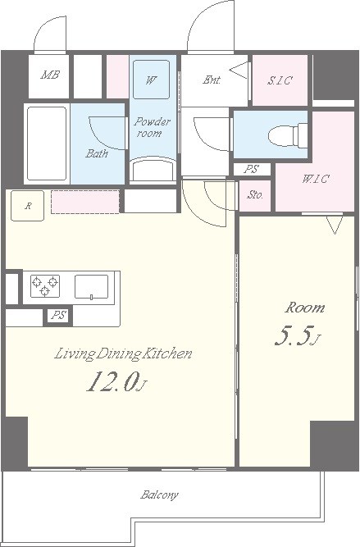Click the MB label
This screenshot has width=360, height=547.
50,75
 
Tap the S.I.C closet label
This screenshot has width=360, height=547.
280,80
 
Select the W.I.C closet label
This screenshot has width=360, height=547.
315,179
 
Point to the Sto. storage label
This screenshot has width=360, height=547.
255,195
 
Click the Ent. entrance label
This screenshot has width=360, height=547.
212,80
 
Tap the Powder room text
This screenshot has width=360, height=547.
152,127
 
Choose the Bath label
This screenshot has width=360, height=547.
97,153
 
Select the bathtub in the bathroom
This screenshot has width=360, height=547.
47,144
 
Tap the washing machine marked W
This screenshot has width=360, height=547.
152,80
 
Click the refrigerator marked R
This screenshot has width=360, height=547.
28,206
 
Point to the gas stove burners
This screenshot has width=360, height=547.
45,285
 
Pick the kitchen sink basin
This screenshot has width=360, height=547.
91,287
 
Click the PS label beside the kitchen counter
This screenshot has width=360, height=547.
58,316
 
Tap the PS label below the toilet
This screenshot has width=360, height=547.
252,169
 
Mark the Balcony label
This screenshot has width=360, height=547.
159,495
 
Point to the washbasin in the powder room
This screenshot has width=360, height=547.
153,170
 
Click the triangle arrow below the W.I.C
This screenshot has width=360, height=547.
335,226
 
